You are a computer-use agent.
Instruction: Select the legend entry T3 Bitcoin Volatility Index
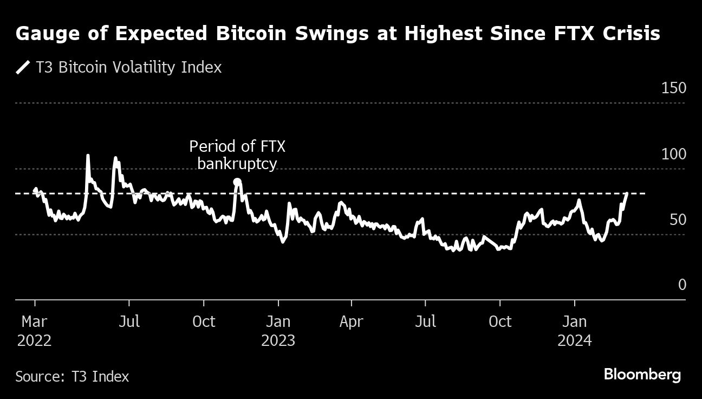pos(128,67)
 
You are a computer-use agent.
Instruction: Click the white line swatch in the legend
pos(23,68)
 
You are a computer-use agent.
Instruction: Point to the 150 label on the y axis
pos(674,88)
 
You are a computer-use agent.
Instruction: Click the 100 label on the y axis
pos(674,155)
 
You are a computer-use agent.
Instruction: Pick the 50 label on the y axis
pos(677,220)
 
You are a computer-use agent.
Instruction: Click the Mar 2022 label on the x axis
pos(35,331)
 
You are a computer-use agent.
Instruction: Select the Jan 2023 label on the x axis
pos(278,331)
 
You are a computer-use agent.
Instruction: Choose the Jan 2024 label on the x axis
pos(574,331)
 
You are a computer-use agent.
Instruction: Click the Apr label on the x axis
pos(351,321)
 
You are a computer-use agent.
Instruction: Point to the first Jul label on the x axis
pos(129,321)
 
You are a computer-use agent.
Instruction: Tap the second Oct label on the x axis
pos(499,321)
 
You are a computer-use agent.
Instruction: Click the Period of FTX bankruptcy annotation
pos(237,155)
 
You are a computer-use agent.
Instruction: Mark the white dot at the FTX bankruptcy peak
pos(237,182)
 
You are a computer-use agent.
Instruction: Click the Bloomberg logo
pos(642,375)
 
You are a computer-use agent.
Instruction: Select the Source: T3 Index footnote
pos(72,376)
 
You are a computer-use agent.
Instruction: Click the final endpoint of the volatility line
pos(627,194)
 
